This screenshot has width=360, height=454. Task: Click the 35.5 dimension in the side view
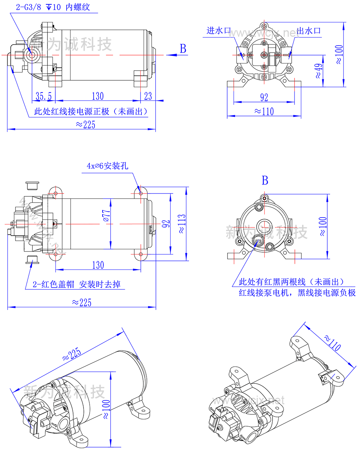coord(44,96)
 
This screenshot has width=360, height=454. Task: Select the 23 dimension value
coord(148,96)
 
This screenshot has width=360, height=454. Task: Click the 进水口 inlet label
coord(219,31)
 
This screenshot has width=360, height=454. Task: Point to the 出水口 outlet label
coord(309,31)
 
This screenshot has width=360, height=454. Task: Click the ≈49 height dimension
coord(318,71)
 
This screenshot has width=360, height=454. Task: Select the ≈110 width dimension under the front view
coord(264,111)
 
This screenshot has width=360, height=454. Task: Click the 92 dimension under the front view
coord(264,97)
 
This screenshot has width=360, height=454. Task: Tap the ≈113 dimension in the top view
coord(182,224)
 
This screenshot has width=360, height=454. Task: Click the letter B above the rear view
coord(265,181)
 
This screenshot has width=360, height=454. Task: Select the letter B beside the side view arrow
coord(183,49)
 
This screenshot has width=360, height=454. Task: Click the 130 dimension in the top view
coord(98,265)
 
